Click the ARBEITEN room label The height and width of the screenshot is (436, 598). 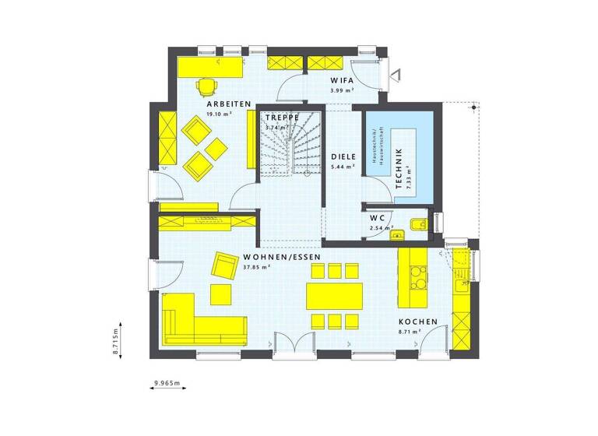point(228,104)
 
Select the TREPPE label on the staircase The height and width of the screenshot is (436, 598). point(281,118)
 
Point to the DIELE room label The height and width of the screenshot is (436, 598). point(343,156)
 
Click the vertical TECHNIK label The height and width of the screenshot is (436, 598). point(399,168)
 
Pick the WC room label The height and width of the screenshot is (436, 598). point(377,218)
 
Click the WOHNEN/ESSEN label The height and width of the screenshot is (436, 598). point(282,257)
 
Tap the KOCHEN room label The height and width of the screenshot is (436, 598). point(418,322)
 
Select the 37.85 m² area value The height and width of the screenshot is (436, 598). point(256,267)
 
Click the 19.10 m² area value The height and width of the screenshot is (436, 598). point(220,114)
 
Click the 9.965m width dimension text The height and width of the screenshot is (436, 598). point(167,384)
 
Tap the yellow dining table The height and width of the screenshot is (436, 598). point(335,296)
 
